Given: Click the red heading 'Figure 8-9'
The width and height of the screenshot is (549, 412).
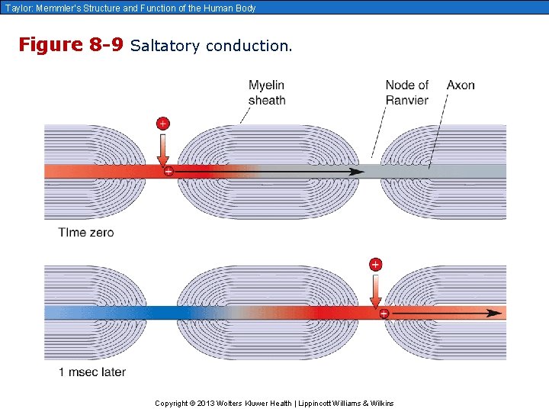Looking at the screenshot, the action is pos(70,45).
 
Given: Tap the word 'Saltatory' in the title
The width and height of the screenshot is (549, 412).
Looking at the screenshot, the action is pos(165,46).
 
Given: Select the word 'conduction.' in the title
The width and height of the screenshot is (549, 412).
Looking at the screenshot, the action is pos(249,46).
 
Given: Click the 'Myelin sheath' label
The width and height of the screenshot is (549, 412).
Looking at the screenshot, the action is pos(267,92).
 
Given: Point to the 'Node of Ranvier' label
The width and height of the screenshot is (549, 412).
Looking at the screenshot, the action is pos(406,92).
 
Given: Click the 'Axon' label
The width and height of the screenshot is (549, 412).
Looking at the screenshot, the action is pos(461,85).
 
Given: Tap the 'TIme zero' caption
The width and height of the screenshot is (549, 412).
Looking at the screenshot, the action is pos(86,233).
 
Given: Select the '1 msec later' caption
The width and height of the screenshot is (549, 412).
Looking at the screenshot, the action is pos(92,372).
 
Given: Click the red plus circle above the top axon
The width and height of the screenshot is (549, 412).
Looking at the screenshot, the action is pos(162,124).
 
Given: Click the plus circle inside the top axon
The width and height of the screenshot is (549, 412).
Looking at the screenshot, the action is pos(169,172).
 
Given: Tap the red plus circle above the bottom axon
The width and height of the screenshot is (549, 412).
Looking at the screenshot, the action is pos(375,265).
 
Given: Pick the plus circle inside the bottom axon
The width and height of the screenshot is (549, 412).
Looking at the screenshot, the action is pos(384,313).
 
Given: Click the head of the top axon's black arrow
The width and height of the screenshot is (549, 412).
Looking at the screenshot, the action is pos(357,172).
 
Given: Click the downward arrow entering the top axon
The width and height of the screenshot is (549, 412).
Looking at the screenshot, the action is pos(162,150).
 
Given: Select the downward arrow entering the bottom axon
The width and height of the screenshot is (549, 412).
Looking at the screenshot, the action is pos(375,291).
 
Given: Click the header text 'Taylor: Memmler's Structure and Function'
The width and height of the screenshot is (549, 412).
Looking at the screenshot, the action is pos(129,8).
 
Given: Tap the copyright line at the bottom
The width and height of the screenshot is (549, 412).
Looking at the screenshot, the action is pos(274,403).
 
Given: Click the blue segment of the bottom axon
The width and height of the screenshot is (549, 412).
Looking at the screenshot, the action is pos(114,312).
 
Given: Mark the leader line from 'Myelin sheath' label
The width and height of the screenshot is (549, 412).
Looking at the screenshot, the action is pos(247,114).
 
